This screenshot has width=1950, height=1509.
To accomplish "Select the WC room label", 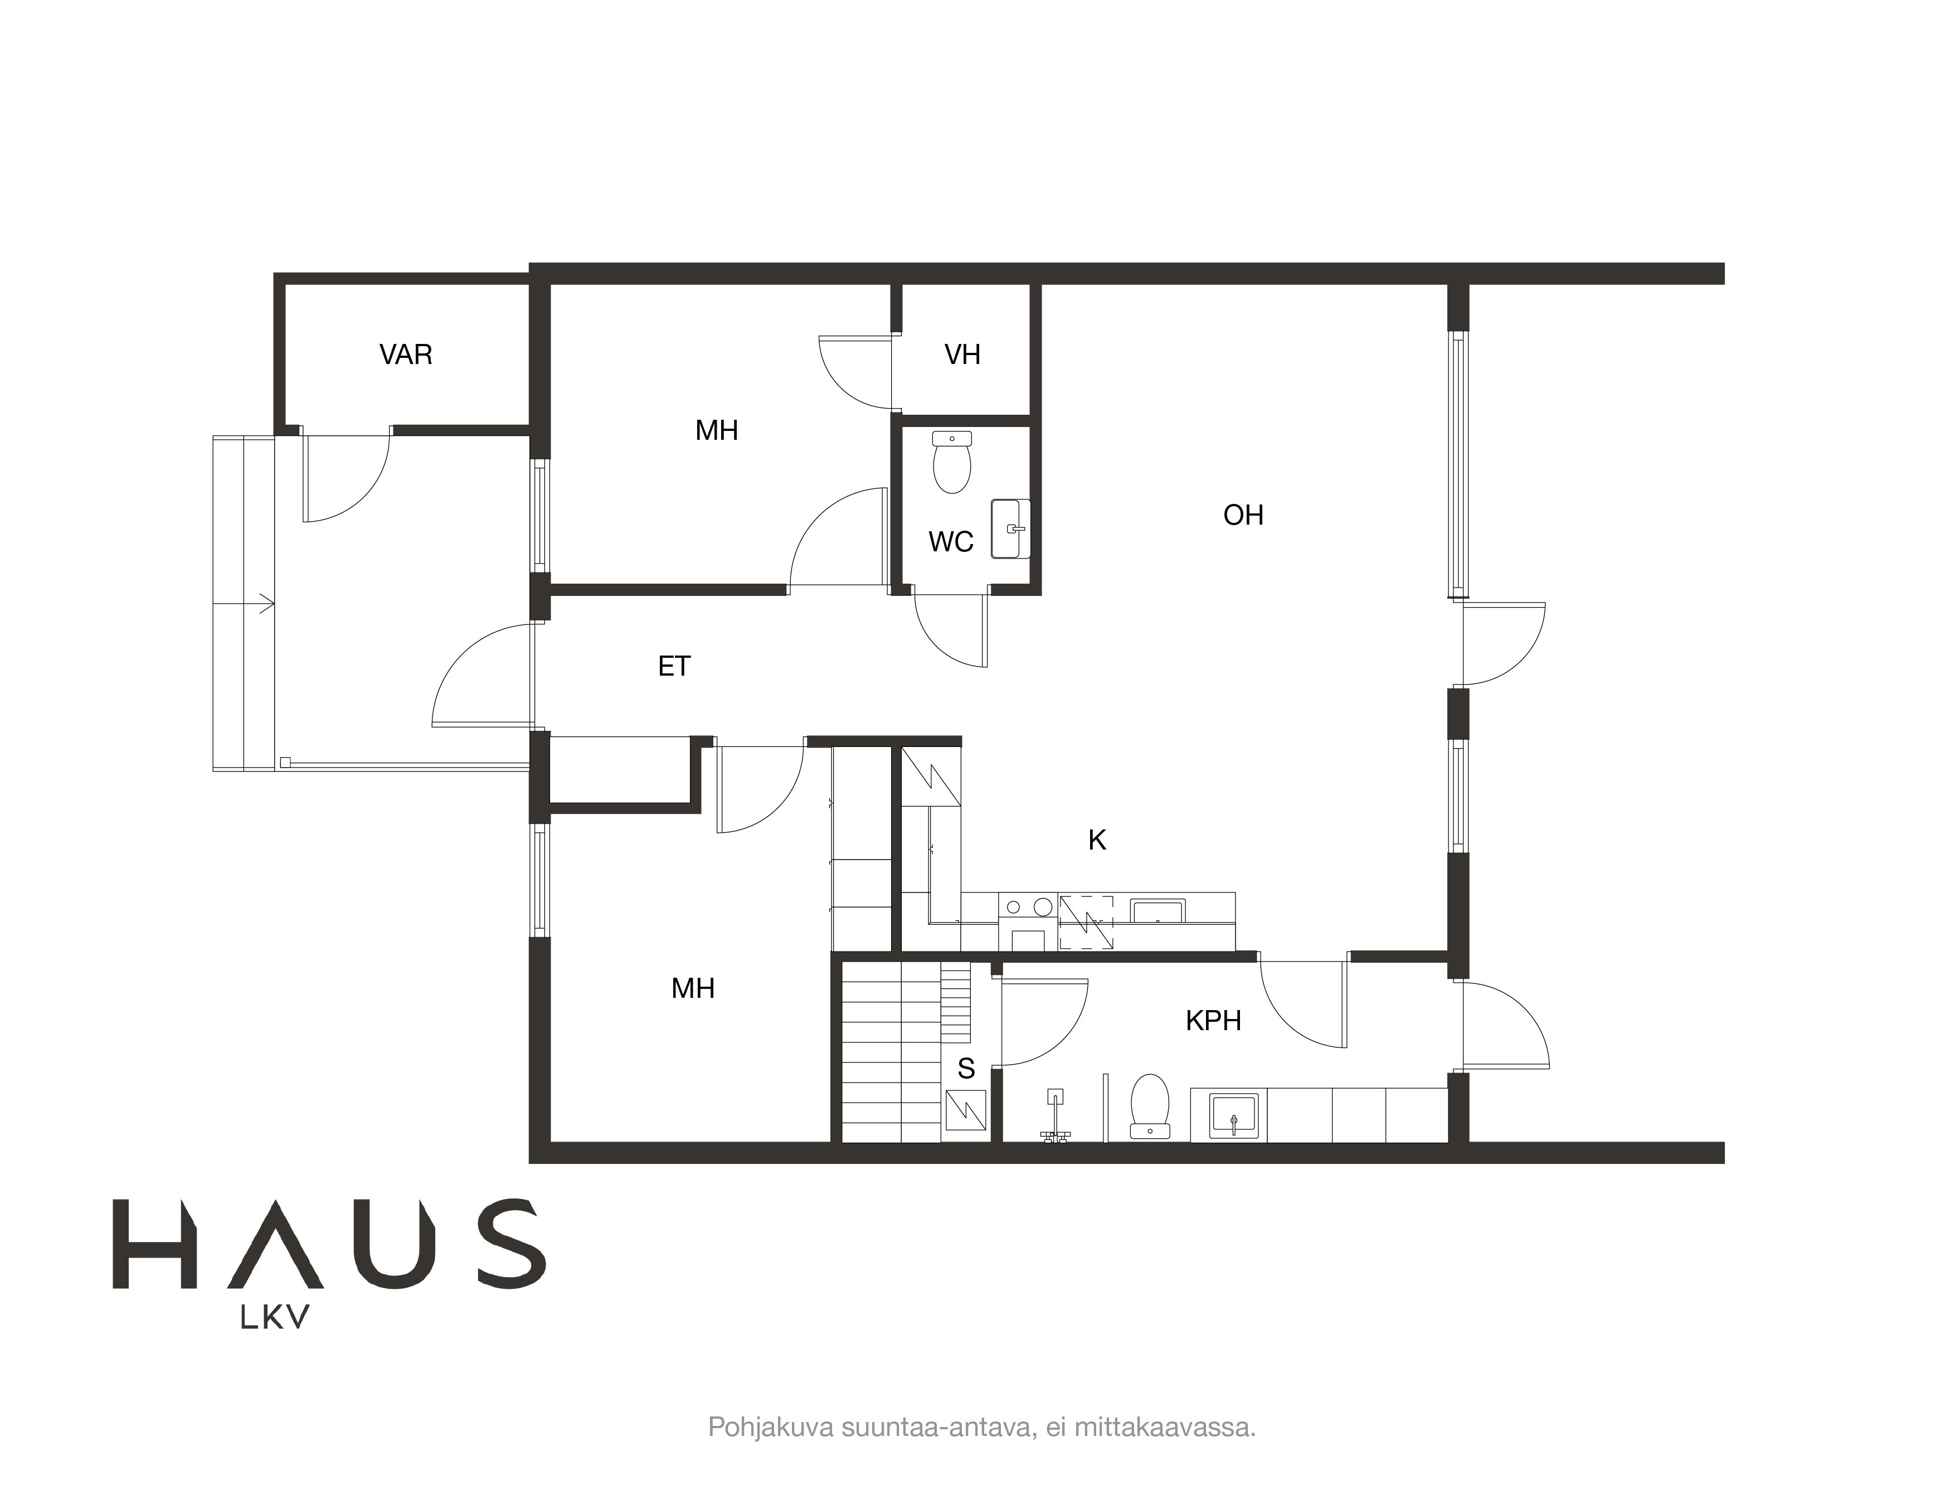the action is coord(951,542).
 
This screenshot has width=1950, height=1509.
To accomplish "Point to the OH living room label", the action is coord(1243,515).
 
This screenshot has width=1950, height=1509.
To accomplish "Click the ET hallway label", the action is coord(674,666).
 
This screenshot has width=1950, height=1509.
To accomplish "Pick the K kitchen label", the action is coord(1097,840).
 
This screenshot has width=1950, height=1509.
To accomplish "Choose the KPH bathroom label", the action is coord(1213,1021).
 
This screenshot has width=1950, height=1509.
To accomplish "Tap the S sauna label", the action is coord(966,1068).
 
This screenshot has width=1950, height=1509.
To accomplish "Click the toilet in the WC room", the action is coord(952,463).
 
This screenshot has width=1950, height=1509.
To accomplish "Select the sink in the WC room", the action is coord(1011,528).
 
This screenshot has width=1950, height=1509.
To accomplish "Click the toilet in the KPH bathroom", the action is coord(1150,1105).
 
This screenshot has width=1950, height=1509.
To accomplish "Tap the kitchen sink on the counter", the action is coord(1158,911).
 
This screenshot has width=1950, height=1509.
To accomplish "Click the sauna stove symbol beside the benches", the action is coord(966,1113).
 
